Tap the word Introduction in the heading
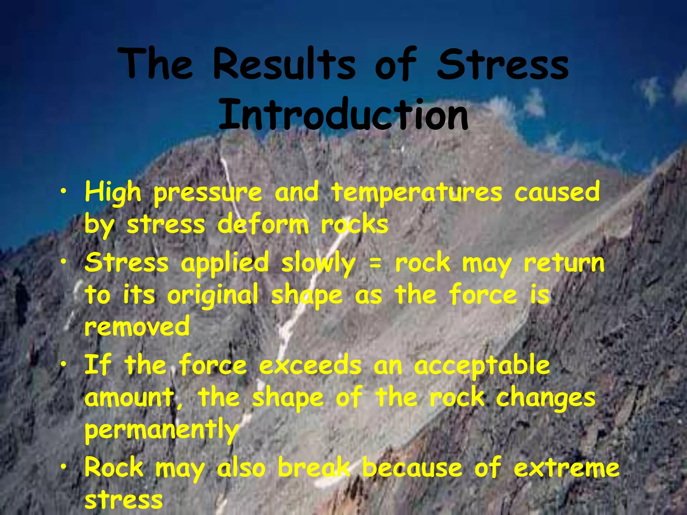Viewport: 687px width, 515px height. click(x=343, y=115)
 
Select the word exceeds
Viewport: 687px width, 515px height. click(x=310, y=365)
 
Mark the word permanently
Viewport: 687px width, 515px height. click(x=161, y=431)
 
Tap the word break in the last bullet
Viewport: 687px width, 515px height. click(x=314, y=467)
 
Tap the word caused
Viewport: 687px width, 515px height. click(x=557, y=192)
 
